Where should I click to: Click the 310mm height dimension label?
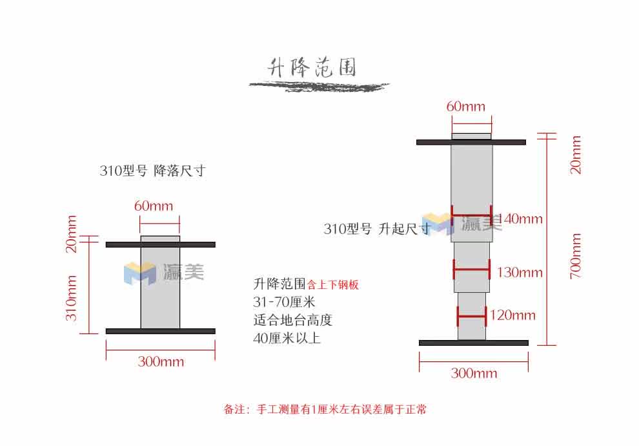tap(72, 298)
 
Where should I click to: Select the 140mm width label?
tap(522, 219)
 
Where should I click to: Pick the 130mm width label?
tap(520, 273)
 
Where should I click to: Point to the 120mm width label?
tap(512, 315)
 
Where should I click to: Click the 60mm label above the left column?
tap(154, 206)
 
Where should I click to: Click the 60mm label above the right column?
tap(465, 107)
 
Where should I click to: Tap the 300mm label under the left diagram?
tap(161, 362)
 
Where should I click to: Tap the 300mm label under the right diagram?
tap(474, 374)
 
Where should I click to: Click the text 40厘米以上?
tap(287, 337)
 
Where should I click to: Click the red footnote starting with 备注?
tap(325, 409)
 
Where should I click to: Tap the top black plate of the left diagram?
tap(160, 244)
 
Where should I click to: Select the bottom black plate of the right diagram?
tap(474, 343)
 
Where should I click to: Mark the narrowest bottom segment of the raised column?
tap(472, 316)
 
